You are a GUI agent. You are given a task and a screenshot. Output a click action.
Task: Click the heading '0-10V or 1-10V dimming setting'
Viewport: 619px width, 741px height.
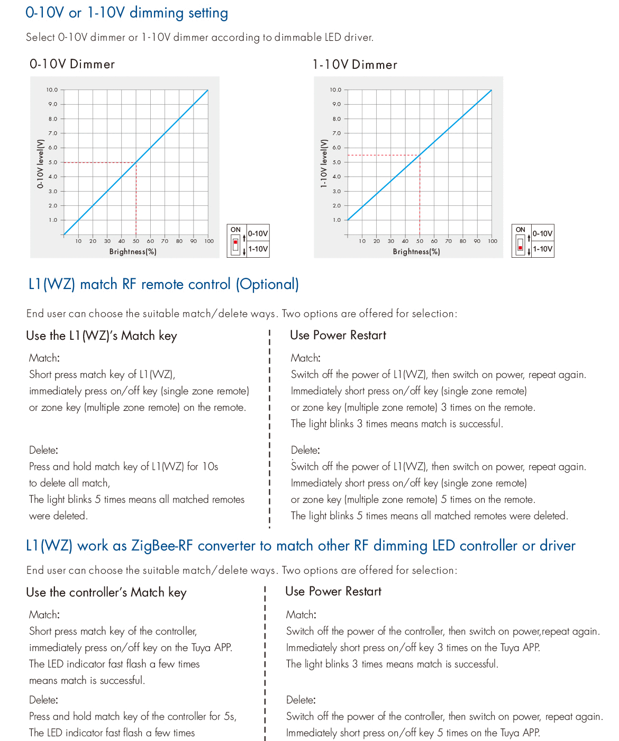point(126,13)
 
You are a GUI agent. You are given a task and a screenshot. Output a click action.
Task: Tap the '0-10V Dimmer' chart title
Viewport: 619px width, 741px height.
point(72,64)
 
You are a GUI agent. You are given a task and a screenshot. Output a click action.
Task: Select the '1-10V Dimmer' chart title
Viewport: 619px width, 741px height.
point(354,65)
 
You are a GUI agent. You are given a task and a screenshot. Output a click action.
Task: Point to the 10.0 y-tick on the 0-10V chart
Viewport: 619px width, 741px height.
point(52,90)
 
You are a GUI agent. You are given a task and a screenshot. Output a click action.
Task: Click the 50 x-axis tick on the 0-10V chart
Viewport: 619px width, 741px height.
point(136,241)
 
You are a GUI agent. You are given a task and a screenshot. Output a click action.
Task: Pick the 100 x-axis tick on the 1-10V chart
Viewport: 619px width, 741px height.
point(493,241)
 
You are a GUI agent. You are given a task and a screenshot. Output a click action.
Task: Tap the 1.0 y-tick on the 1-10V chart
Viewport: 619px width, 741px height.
point(336,220)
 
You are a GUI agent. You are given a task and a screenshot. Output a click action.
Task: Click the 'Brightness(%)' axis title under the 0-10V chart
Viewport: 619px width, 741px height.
point(133,251)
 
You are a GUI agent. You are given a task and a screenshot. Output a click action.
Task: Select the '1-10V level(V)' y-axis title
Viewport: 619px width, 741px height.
point(323,164)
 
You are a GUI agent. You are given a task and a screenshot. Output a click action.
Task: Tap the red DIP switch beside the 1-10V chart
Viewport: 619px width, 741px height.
point(520,247)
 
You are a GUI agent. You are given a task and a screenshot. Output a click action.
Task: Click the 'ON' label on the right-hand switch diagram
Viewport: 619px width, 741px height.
point(520,230)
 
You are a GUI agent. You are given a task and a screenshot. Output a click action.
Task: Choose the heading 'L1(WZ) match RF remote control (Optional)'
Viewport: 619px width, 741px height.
point(163,284)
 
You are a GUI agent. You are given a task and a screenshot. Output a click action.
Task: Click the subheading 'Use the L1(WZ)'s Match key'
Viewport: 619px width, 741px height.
point(102,336)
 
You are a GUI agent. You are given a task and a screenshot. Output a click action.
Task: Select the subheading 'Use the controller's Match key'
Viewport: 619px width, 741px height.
point(106,592)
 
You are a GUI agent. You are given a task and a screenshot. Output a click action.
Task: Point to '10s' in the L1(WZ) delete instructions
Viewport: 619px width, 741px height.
point(210,467)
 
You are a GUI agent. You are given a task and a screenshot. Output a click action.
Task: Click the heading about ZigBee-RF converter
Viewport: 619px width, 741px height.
point(301,546)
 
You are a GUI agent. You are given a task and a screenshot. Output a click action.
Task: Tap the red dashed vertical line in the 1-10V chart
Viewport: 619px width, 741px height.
point(420,196)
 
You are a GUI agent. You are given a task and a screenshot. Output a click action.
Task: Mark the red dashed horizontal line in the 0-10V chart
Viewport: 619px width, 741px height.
point(99,162)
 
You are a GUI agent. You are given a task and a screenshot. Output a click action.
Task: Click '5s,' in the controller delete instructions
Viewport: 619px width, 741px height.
point(230,717)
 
